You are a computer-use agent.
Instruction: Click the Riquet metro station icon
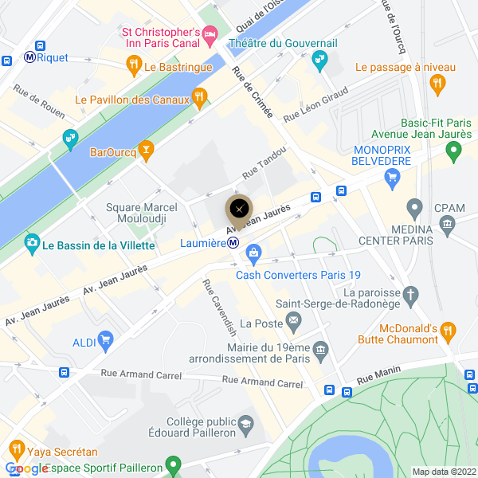(x=29, y=57)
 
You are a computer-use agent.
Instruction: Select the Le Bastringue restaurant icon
(x=134, y=63)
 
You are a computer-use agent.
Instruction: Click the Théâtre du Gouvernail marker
(x=319, y=58)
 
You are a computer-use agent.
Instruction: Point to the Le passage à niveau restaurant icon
(x=437, y=82)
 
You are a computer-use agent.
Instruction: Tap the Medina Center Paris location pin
(x=413, y=209)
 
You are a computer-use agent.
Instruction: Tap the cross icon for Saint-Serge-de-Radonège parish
(x=411, y=296)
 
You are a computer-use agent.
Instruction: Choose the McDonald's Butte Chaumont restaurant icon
(x=449, y=329)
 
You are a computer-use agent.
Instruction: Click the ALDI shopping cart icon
(x=105, y=342)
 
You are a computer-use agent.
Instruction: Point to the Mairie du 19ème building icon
(x=320, y=349)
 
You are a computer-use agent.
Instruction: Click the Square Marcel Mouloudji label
(x=141, y=214)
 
